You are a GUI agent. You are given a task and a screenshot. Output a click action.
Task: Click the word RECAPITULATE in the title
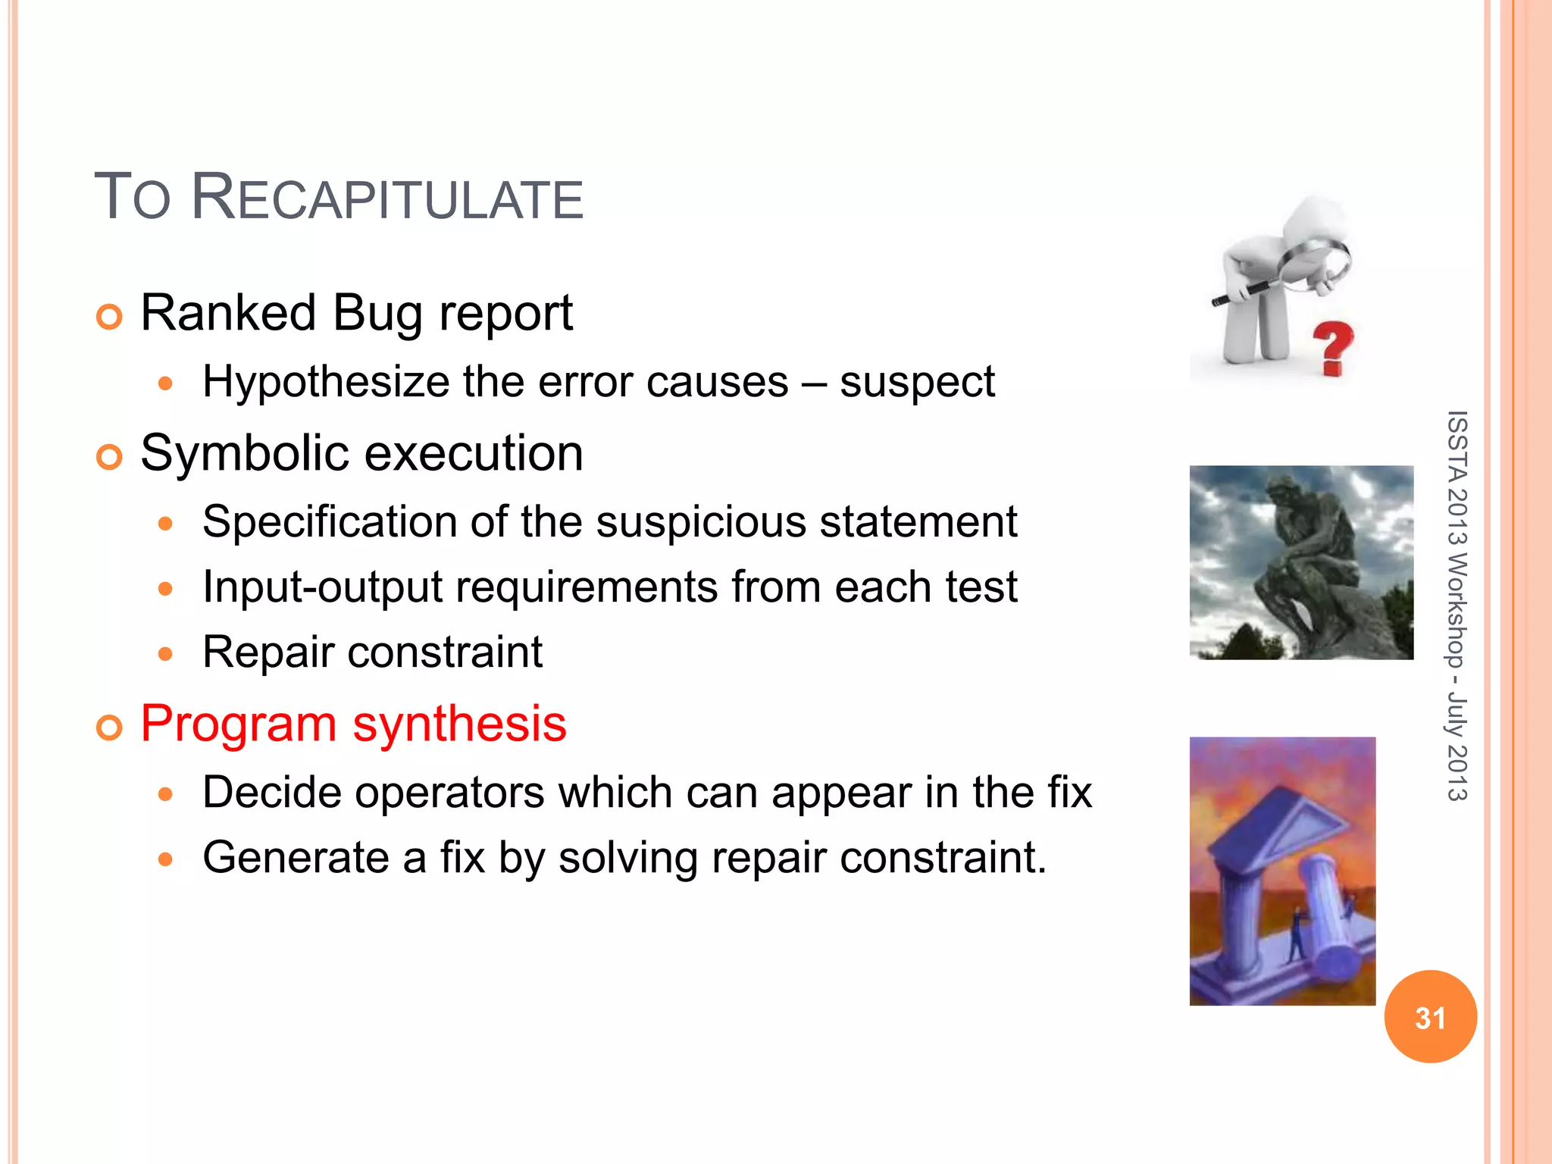tap(386, 199)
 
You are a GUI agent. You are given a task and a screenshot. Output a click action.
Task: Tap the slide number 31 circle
tap(1430, 1017)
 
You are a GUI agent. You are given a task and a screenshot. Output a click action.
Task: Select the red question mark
tap(1333, 347)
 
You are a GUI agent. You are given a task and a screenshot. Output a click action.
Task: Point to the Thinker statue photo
tap(1300, 562)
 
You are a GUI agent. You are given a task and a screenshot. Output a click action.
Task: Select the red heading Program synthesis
tap(353, 724)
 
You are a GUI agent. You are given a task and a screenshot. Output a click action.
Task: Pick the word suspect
tap(917, 382)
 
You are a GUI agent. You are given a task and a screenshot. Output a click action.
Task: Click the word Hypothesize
tap(326, 382)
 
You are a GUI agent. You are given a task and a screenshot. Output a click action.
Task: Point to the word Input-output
tap(322, 587)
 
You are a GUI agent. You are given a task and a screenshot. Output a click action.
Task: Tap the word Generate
tap(296, 858)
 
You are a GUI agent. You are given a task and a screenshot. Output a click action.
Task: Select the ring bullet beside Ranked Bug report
tap(110, 317)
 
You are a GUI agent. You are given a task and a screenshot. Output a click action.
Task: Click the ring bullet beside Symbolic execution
tap(110, 457)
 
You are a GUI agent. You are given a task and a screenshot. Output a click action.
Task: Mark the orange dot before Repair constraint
tap(166, 653)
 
